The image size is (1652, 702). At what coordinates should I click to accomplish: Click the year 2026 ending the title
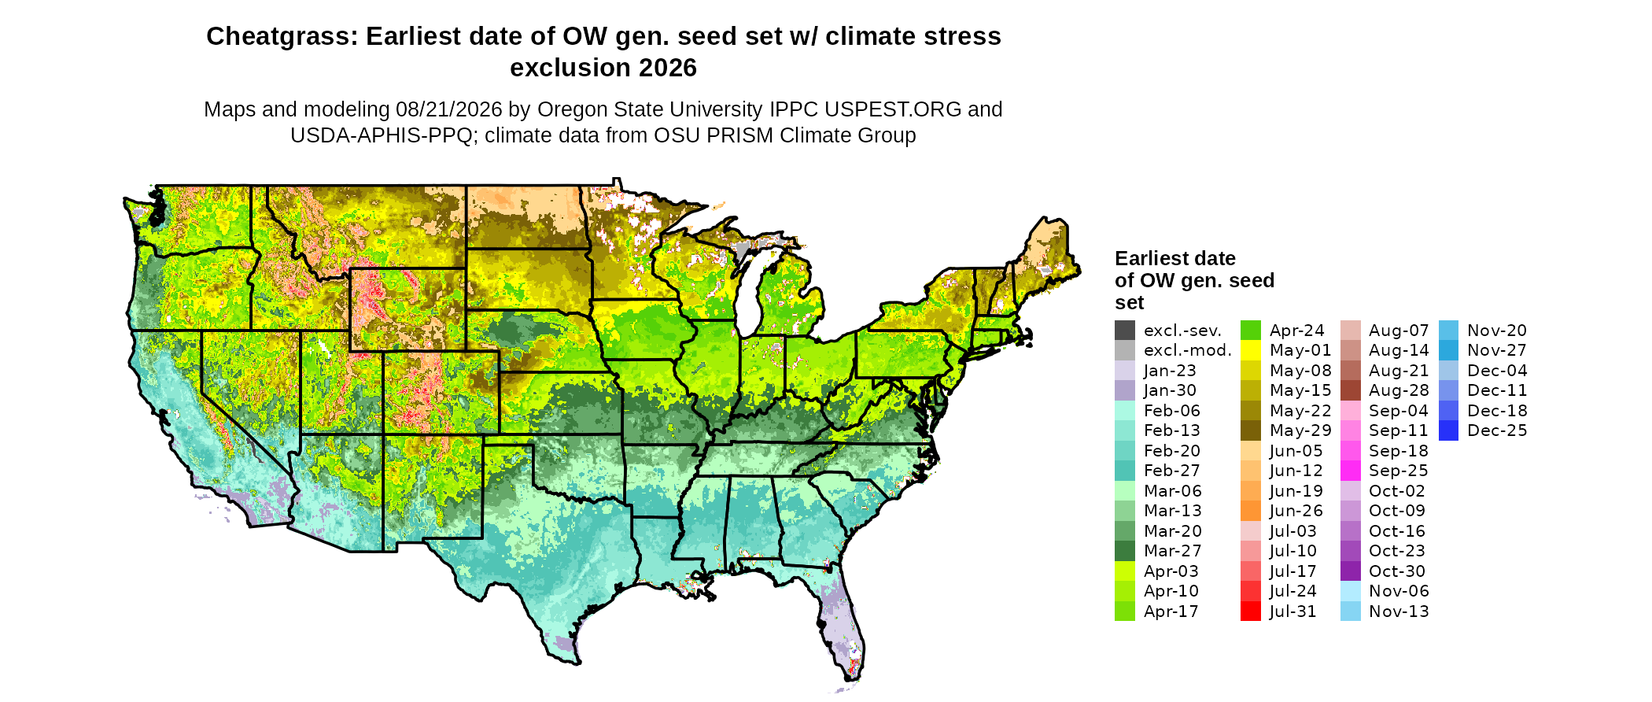668,68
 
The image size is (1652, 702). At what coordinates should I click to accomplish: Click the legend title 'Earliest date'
1175,258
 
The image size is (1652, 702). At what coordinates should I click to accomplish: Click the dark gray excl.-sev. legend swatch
1125,331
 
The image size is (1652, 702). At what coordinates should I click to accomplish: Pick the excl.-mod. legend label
1188,351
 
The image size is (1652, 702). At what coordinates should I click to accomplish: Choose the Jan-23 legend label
1170,371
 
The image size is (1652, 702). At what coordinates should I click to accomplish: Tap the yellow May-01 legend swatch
1251,351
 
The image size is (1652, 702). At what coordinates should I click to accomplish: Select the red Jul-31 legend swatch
1251,611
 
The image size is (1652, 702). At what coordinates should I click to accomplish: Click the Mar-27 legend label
1173,551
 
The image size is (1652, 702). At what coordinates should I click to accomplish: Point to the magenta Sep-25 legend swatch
1351,471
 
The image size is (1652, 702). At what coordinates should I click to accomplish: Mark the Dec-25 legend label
1497,430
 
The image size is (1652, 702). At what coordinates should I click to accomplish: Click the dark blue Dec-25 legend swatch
1448,430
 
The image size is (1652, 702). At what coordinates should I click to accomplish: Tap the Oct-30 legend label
1397,571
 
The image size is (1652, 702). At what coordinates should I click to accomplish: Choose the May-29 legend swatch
1251,430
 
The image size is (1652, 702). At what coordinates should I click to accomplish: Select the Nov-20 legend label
1497,331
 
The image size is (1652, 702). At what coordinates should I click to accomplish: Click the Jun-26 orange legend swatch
1251,511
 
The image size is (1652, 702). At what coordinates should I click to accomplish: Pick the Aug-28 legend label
1399,390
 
